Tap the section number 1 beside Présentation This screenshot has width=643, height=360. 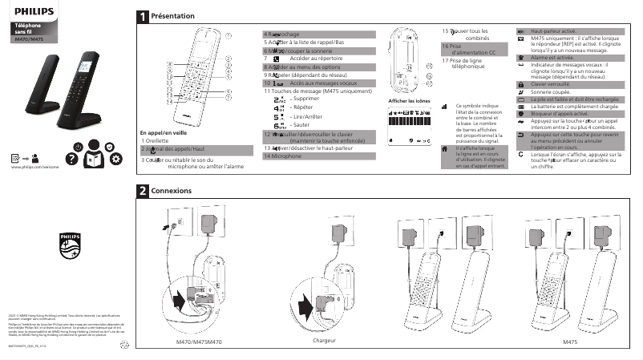(142, 16)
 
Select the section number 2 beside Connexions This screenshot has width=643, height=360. (142, 192)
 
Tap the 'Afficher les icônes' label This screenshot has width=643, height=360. (410, 100)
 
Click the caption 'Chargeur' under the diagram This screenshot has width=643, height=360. (324, 341)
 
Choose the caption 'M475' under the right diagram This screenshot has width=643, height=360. (570, 341)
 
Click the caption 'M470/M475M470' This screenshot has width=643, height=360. (199, 342)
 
